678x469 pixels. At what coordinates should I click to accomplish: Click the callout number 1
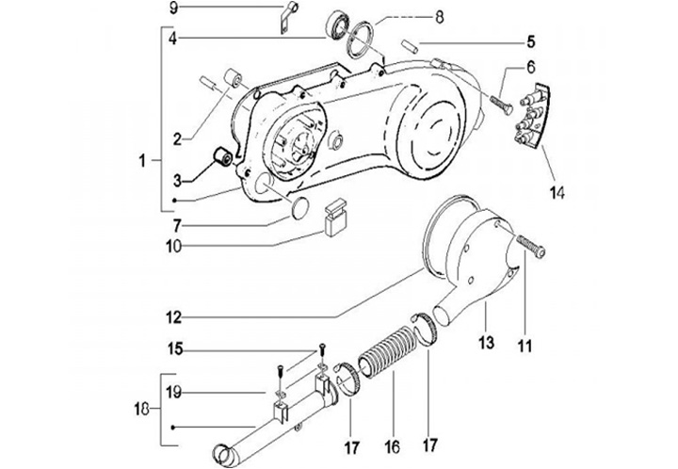tap(141, 162)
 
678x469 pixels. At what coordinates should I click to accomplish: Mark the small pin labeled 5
tap(409, 44)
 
